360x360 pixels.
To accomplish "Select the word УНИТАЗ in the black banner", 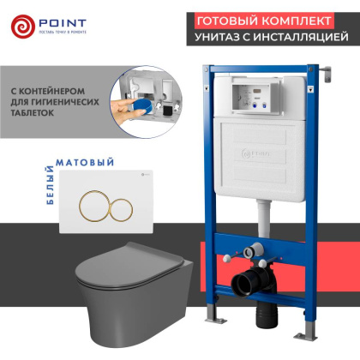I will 224,38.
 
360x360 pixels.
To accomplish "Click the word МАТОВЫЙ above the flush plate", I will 80,161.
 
